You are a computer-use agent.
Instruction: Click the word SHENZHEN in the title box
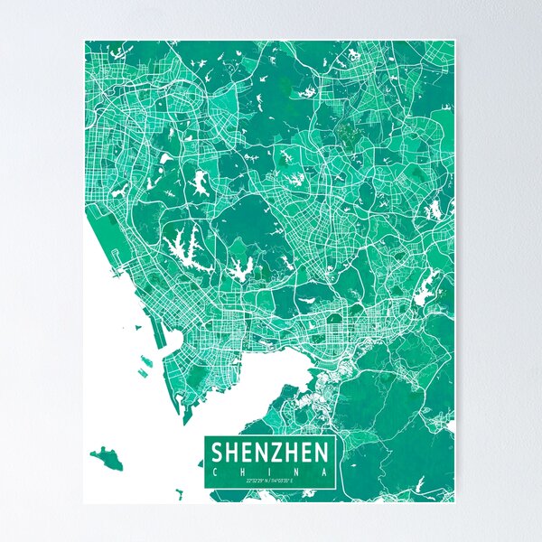point(270,453)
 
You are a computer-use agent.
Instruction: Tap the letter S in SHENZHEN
point(217,453)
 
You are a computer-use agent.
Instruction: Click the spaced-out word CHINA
point(270,471)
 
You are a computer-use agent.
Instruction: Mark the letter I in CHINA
point(270,471)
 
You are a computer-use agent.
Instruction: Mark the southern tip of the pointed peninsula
point(185,421)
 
